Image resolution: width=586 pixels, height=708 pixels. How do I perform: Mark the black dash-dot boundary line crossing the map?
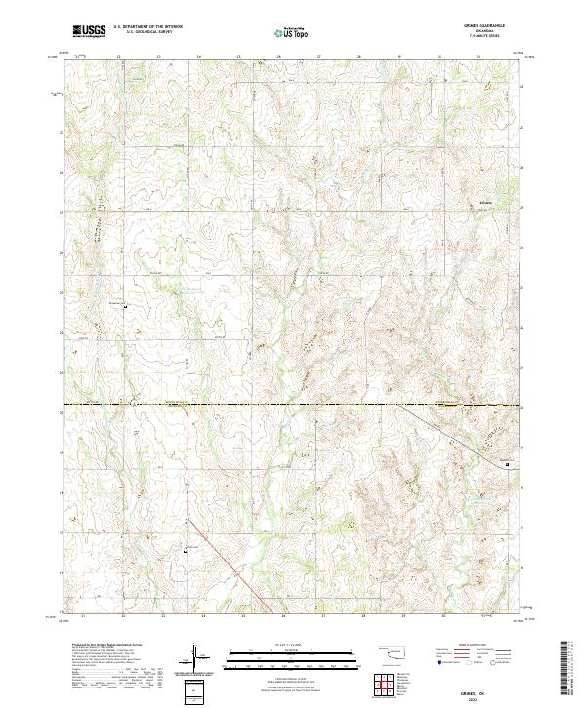tap(293, 404)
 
